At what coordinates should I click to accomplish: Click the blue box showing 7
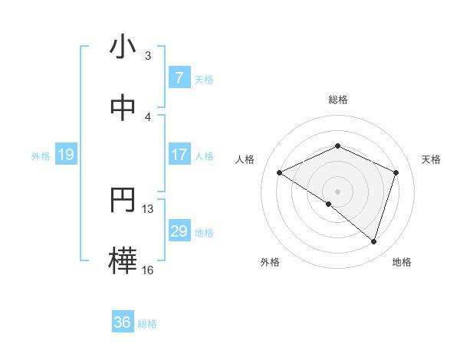tap(179, 77)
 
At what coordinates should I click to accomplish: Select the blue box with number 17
tap(179, 155)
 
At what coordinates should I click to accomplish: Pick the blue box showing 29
tap(179, 231)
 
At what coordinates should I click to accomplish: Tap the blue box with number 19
tap(66, 155)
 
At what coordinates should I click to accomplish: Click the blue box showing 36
tap(123, 322)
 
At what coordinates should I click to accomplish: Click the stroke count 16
tap(148, 270)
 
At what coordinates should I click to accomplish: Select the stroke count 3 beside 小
tap(147, 56)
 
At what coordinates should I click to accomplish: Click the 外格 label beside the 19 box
tap(41, 155)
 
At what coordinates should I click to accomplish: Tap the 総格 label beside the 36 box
tap(147, 324)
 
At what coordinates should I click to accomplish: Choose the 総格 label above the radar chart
tap(337, 100)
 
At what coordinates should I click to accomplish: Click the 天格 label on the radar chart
tap(432, 159)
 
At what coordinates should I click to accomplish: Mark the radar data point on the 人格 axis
tap(279, 172)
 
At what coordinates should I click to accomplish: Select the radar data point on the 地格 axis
tap(373, 241)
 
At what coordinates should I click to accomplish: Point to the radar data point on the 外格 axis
tap(329, 204)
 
